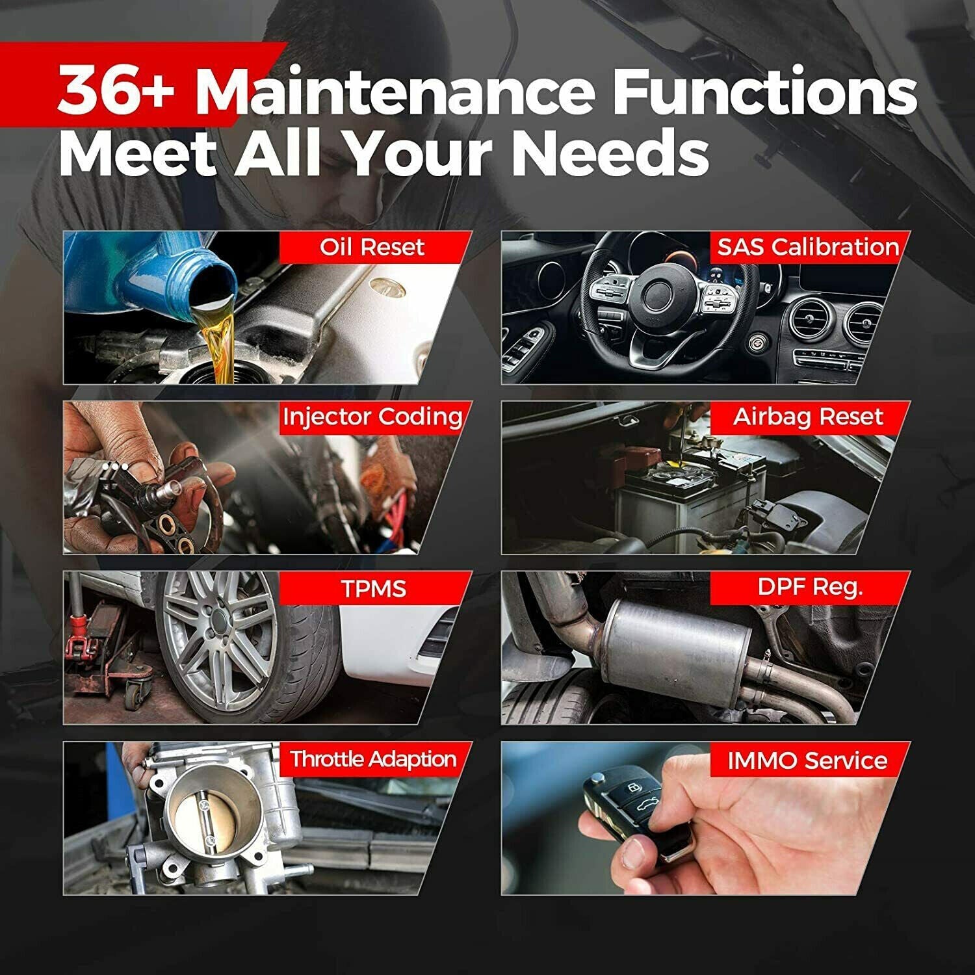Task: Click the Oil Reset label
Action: [x=372, y=247]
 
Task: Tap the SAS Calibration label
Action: [x=808, y=247]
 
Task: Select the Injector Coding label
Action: [x=372, y=417]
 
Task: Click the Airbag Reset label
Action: [x=808, y=417]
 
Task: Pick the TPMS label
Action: [x=373, y=588]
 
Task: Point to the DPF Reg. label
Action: [x=810, y=588]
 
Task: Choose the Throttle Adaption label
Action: [x=373, y=759]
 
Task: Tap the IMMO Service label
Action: [x=807, y=760]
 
